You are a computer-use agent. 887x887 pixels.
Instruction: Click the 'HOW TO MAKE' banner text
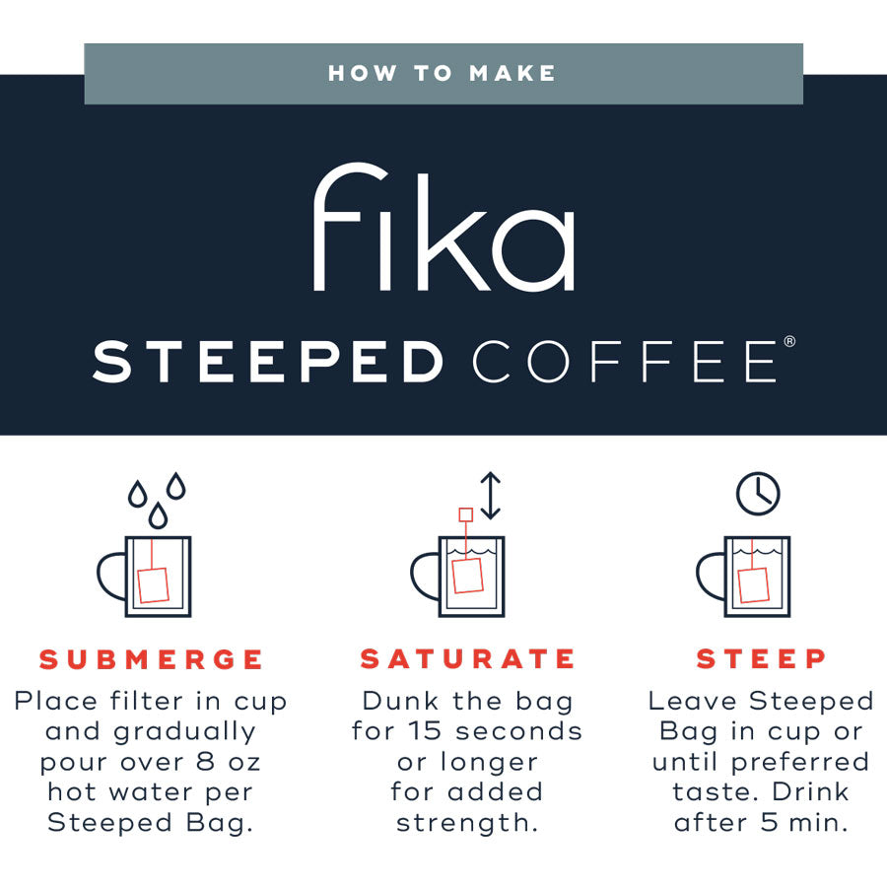[x=442, y=73]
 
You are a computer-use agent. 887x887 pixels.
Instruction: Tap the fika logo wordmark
[x=444, y=227]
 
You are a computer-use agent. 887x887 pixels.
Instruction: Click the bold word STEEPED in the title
[x=267, y=362]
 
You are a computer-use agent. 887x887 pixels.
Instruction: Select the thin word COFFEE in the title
[x=625, y=362]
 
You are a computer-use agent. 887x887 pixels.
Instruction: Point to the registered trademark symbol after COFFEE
[x=789, y=341]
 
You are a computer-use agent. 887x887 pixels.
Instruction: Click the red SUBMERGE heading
[x=151, y=659]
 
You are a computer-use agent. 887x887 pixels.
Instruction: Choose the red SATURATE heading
[x=467, y=659]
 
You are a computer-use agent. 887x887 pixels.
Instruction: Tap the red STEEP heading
[x=761, y=658]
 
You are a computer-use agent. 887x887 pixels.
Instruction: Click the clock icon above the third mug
[x=758, y=494]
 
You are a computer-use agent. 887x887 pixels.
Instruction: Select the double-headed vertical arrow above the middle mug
[x=491, y=496]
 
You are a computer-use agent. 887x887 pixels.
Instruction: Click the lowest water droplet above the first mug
[x=158, y=514]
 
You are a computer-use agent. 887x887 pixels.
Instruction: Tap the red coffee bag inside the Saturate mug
[x=467, y=576]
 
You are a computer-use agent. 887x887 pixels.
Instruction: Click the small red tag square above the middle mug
[x=465, y=514]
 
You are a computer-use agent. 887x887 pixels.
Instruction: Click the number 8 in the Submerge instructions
[x=205, y=762]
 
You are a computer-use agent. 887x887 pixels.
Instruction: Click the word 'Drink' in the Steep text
[x=811, y=791]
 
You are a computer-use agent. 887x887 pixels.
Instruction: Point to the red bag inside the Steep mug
[x=754, y=585]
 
